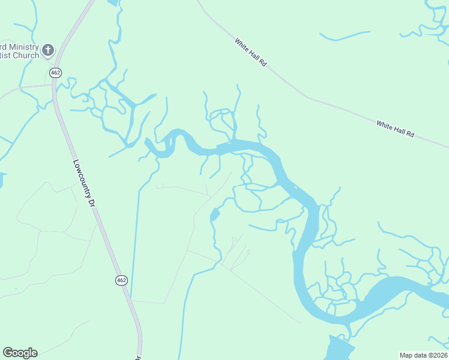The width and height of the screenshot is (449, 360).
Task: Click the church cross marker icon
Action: click(48, 50)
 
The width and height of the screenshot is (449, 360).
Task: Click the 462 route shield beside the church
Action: click(55, 73)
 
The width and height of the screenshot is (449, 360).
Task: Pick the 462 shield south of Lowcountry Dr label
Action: click(121, 280)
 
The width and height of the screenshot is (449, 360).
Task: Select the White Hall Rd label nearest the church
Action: click(250, 52)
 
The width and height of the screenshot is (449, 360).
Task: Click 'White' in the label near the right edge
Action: click(384, 125)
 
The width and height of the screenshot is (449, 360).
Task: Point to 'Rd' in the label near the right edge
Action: click(411, 134)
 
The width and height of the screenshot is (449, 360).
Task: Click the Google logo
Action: click(20, 353)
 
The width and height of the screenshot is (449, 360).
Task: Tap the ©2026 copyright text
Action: click(438, 355)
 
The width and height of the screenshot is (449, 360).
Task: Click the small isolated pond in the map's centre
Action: click(215, 214)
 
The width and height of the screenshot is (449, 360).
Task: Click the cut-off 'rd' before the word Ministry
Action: click(3, 47)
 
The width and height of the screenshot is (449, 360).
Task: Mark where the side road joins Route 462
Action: click(53, 86)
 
